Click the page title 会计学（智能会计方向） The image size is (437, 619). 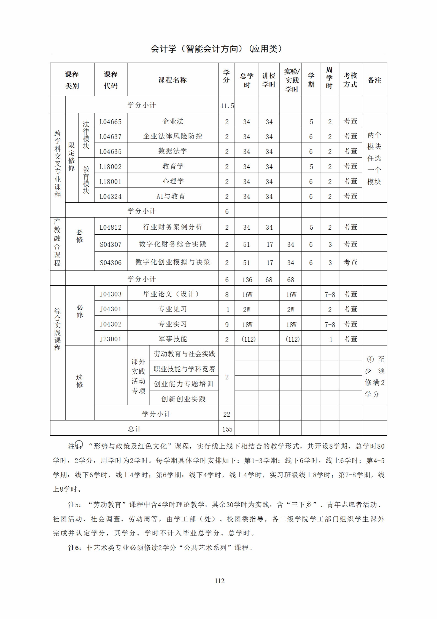[x=217, y=49]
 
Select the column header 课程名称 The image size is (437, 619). [x=172, y=80]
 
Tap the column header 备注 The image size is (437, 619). [x=374, y=80]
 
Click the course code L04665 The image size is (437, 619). [x=110, y=122]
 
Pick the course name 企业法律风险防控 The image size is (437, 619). [x=173, y=136]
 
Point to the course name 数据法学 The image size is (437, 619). [x=173, y=151]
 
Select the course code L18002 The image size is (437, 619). [x=110, y=167]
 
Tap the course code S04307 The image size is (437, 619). [x=110, y=244]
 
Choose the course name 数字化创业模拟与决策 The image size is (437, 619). [x=173, y=262]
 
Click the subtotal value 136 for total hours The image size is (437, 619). [x=247, y=280]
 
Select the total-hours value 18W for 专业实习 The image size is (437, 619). [x=247, y=325]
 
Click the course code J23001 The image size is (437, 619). [x=110, y=339]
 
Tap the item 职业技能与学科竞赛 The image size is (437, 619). [x=184, y=369]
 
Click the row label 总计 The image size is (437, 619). [x=134, y=429]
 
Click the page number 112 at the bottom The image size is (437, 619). [x=220, y=581]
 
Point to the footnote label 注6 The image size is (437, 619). [x=74, y=548]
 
